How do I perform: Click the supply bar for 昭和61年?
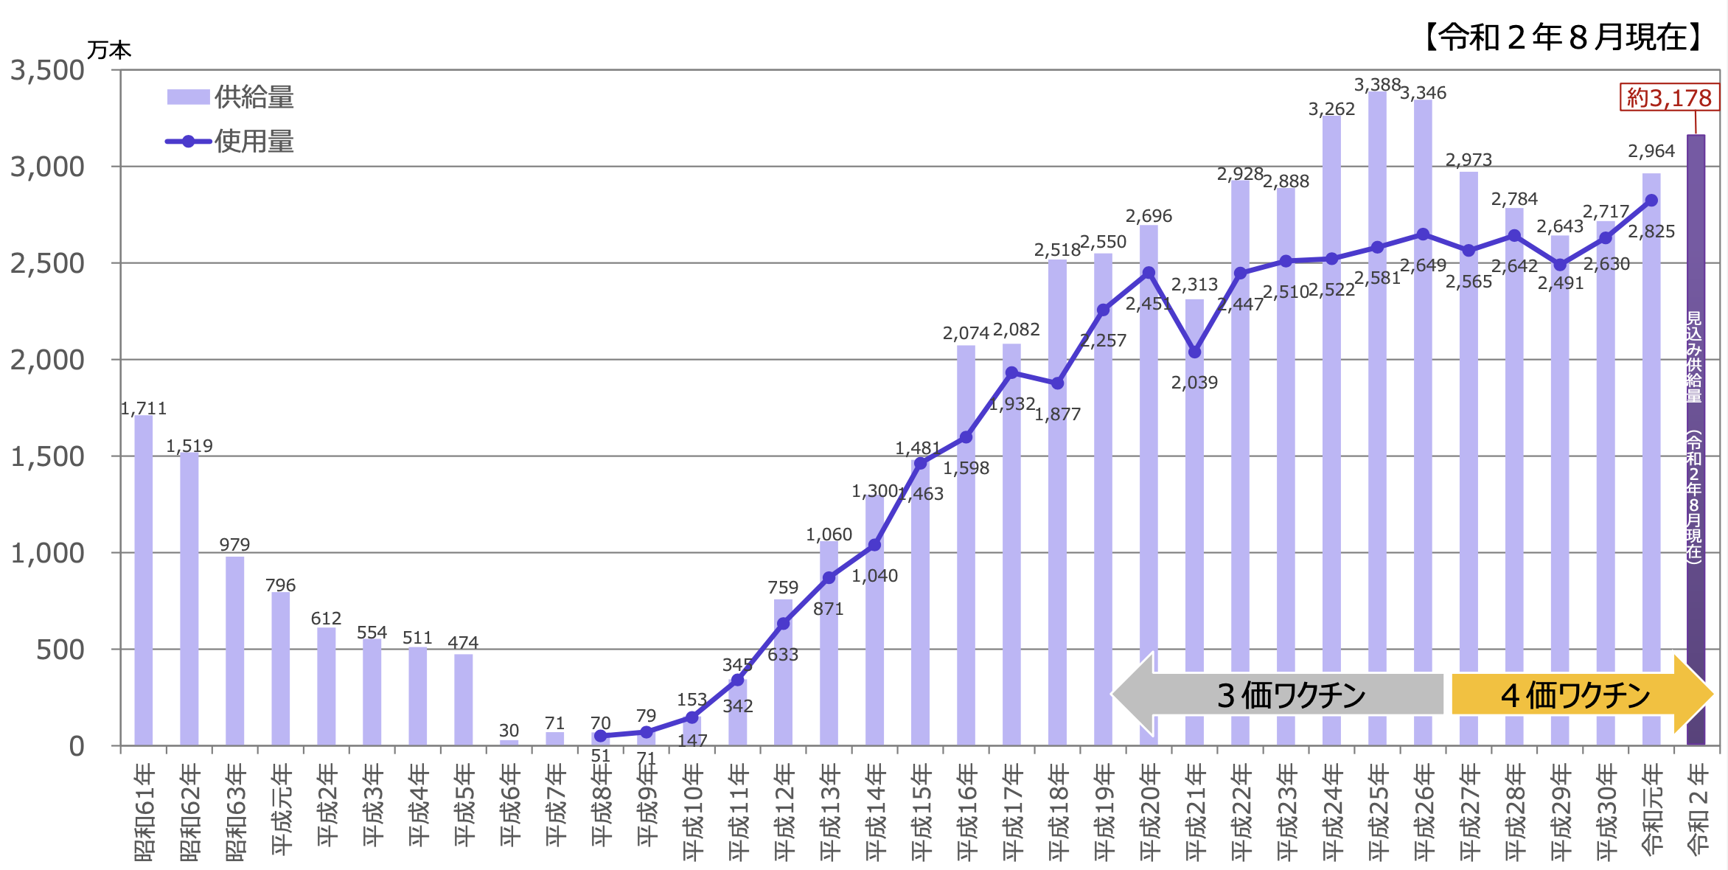[x=144, y=581]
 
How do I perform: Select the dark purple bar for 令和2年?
[x=1696, y=442]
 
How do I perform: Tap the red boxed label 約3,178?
[x=1669, y=98]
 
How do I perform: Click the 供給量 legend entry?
[x=230, y=97]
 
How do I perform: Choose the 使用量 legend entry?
[x=230, y=142]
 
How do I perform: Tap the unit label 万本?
[x=109, y=50]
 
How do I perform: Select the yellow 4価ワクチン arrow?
[x=1578, y=695]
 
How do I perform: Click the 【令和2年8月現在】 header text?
[x=1563, y=37]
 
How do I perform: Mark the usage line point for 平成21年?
[x=1194, y=352]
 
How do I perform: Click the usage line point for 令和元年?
[x=1651, y=201]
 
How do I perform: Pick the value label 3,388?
[x=1377, y=85]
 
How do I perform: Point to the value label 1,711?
[x=144, y=408]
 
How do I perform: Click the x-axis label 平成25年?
[x=1378, y=811]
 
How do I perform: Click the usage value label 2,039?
[x=1194, y=383]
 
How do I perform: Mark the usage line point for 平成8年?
[x=601, y=736]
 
